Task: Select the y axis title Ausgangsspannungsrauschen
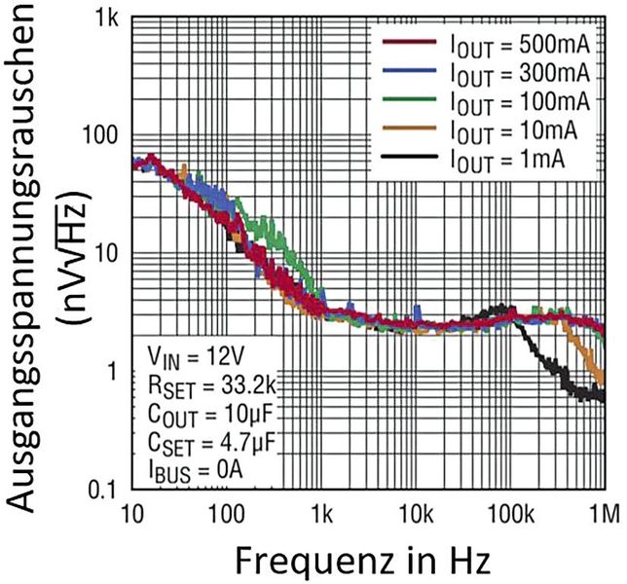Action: (x=29, y=268)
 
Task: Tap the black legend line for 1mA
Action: (x=403, y=156)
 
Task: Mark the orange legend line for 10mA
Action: (x=403, y=128)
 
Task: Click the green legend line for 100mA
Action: (x=403, y=100)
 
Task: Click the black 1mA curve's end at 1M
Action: (x=602, y=396)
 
